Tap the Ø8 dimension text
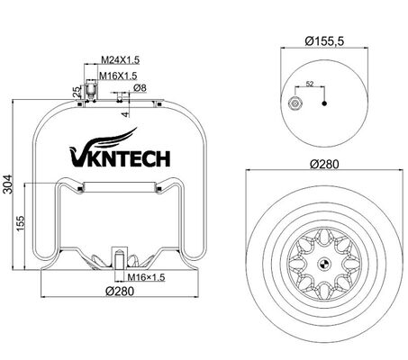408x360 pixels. (140, 87)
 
